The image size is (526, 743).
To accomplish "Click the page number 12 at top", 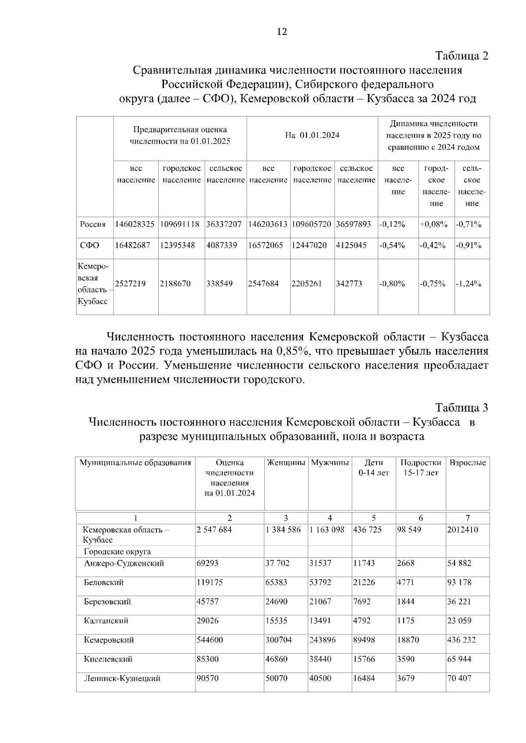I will point(282,32).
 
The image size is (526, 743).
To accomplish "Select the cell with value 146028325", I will point(135,224).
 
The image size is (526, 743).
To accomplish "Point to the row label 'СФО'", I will point(89,245).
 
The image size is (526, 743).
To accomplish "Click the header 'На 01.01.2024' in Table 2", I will point(312,135).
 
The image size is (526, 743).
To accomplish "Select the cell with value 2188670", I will point(175,284).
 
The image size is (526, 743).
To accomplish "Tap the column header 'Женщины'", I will point(286,463).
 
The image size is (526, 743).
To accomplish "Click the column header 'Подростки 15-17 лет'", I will point(420,468).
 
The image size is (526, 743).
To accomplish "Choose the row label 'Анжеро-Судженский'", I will point(124,563).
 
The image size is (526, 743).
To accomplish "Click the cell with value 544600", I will point(210,640).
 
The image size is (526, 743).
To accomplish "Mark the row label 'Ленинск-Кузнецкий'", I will point(122,679).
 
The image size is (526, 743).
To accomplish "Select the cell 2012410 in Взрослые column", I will point(462,530).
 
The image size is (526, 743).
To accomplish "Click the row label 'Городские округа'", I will point(117,552).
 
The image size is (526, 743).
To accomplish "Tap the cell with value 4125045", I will point(351,245).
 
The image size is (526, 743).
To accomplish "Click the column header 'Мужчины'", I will point(330,463).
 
